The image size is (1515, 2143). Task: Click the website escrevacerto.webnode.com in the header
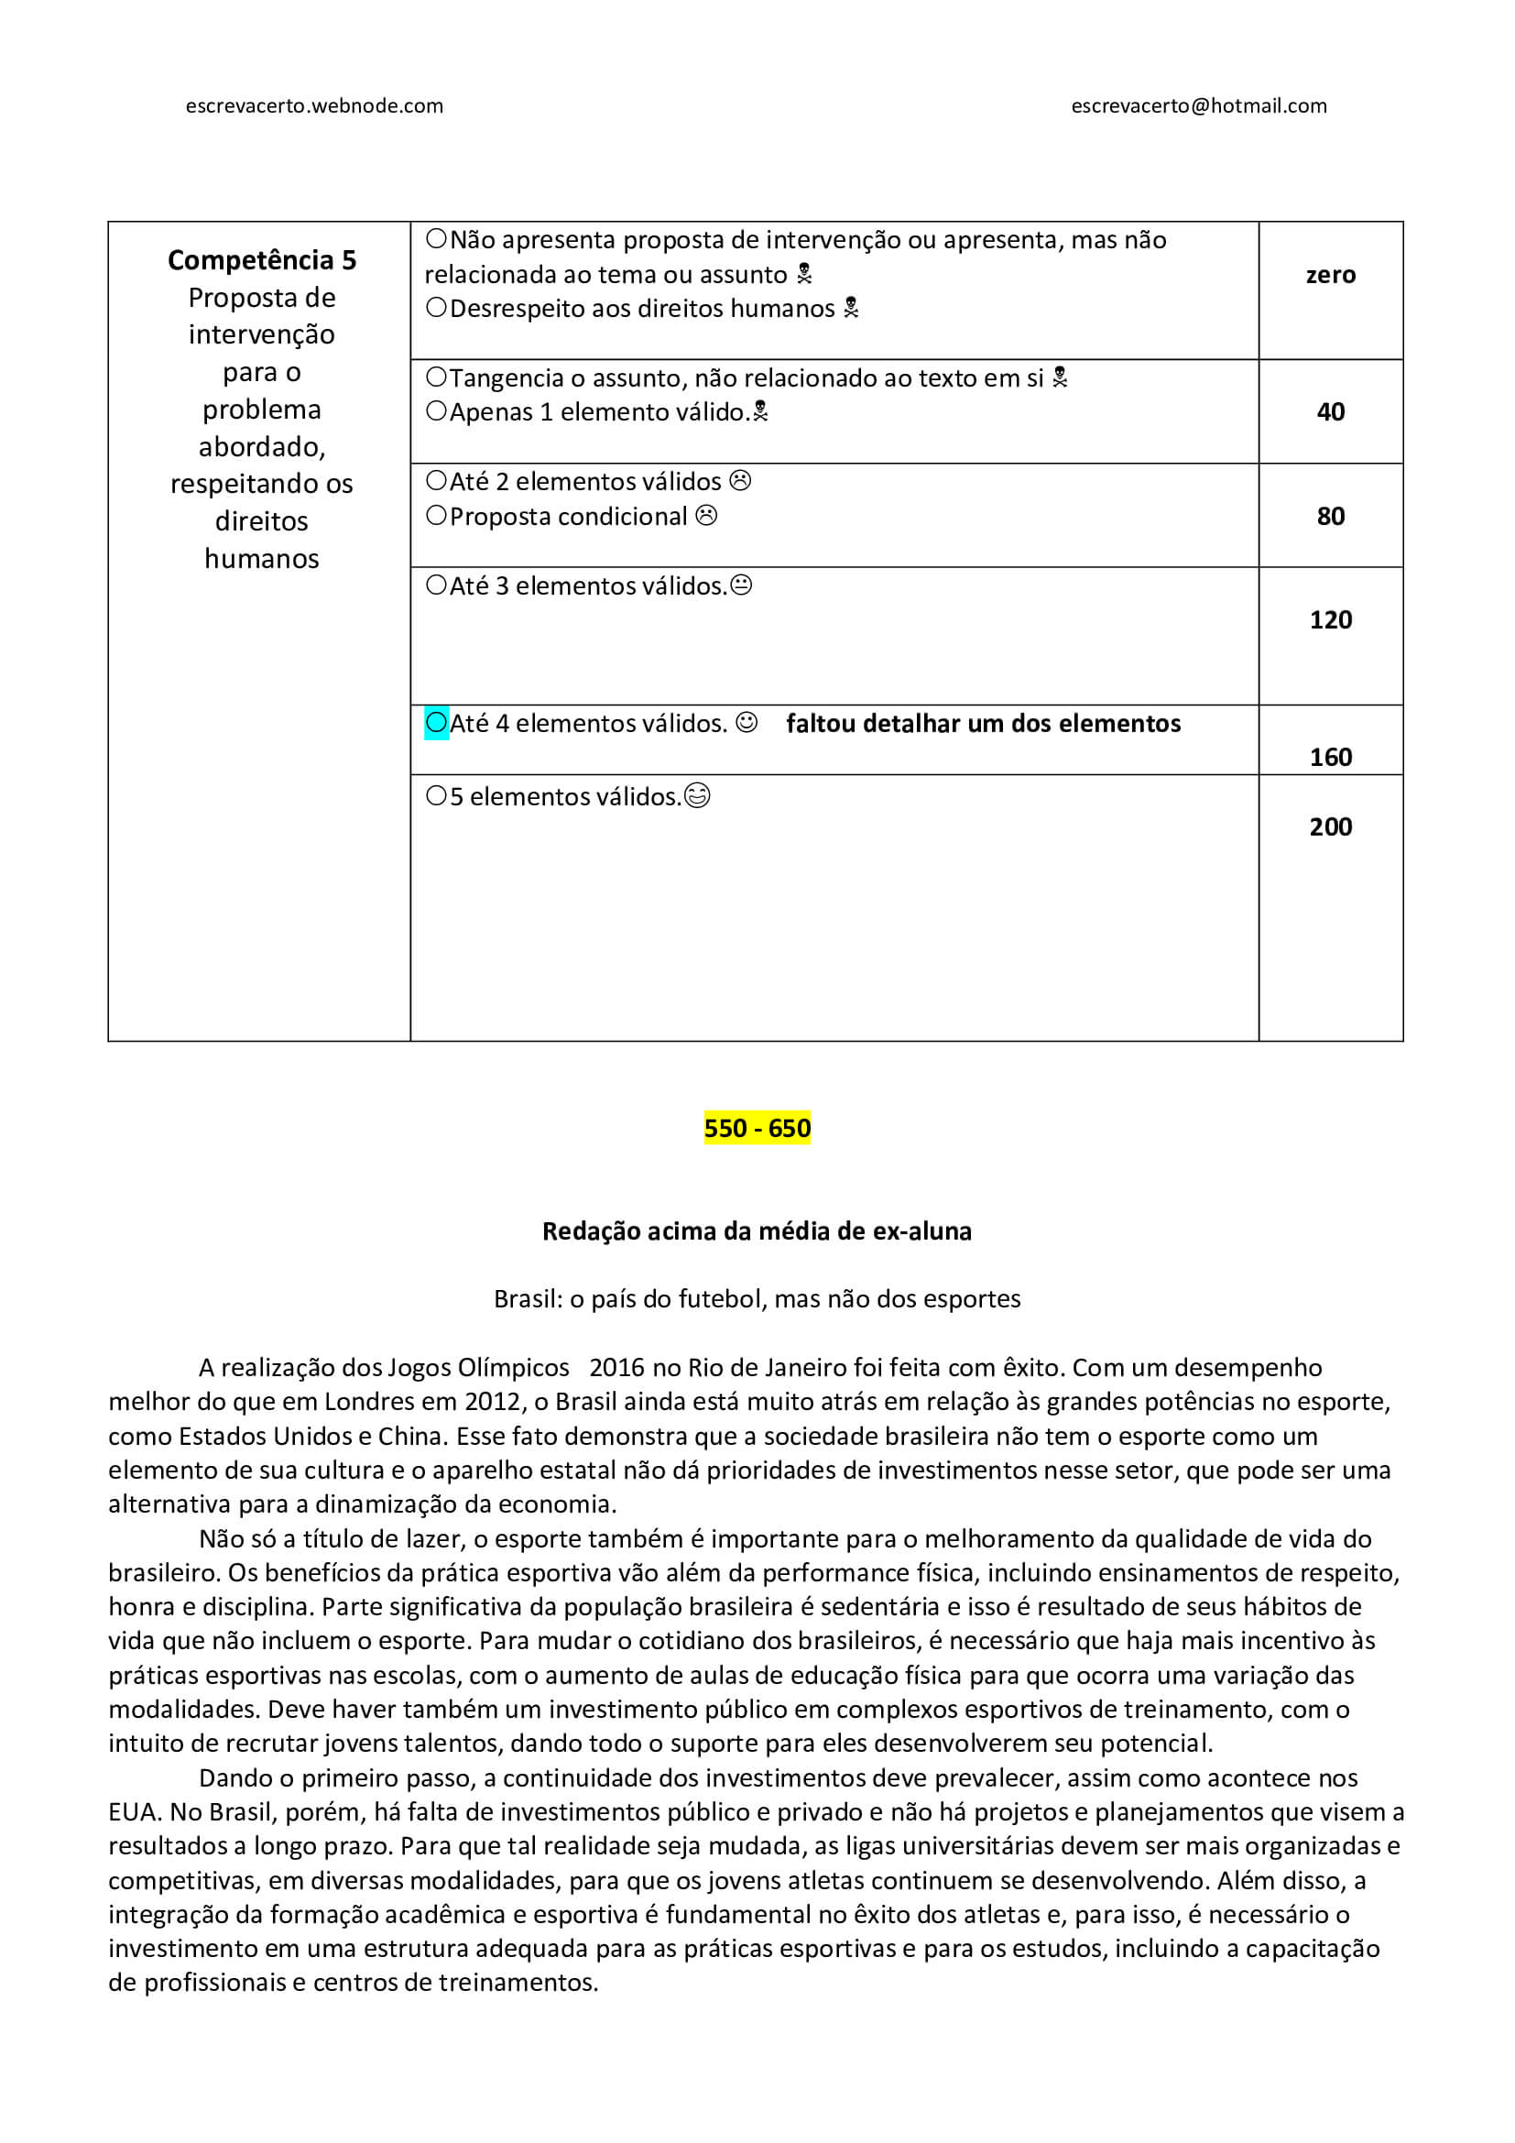click(x=314, y=105)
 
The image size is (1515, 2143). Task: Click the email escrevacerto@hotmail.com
click(x=1199, y=105)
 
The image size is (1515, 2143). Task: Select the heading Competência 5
click(x=261, y=259)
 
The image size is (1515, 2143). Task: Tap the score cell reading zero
click(x=1330, y=275)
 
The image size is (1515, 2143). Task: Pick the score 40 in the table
click(x=1330, y=411)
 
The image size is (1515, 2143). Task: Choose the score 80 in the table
click(x=1330, y=516)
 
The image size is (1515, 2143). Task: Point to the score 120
click(x=1330, y=619)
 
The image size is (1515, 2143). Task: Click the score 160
click(x=1330, y=756)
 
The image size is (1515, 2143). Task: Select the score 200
click(x=1330, y=826)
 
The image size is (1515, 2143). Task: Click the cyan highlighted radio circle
click(x=436, y=722)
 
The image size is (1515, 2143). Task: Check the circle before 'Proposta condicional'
click(x=436, y=516)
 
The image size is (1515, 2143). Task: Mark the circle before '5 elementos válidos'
click(x=436, y=796)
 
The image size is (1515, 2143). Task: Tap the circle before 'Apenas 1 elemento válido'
click(x=436, y=411)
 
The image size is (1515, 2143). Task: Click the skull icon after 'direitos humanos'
click(x=851, y=308)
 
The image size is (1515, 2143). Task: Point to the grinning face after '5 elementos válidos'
click(x=697, y=796)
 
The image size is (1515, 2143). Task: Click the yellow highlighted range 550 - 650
click(x=757, y=1128)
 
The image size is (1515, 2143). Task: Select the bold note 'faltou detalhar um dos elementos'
click(x=983, y=724)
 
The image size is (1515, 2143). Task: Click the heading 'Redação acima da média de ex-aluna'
click(x=757, y=1231)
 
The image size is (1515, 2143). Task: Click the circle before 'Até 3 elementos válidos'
click(x=436, y=585)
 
